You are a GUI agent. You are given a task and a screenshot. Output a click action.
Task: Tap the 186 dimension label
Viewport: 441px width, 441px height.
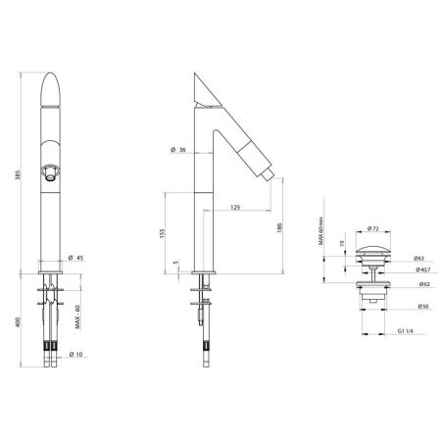click(x=280, y=226)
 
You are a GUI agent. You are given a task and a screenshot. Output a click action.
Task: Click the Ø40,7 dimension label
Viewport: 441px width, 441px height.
click(x=421, y=269)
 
